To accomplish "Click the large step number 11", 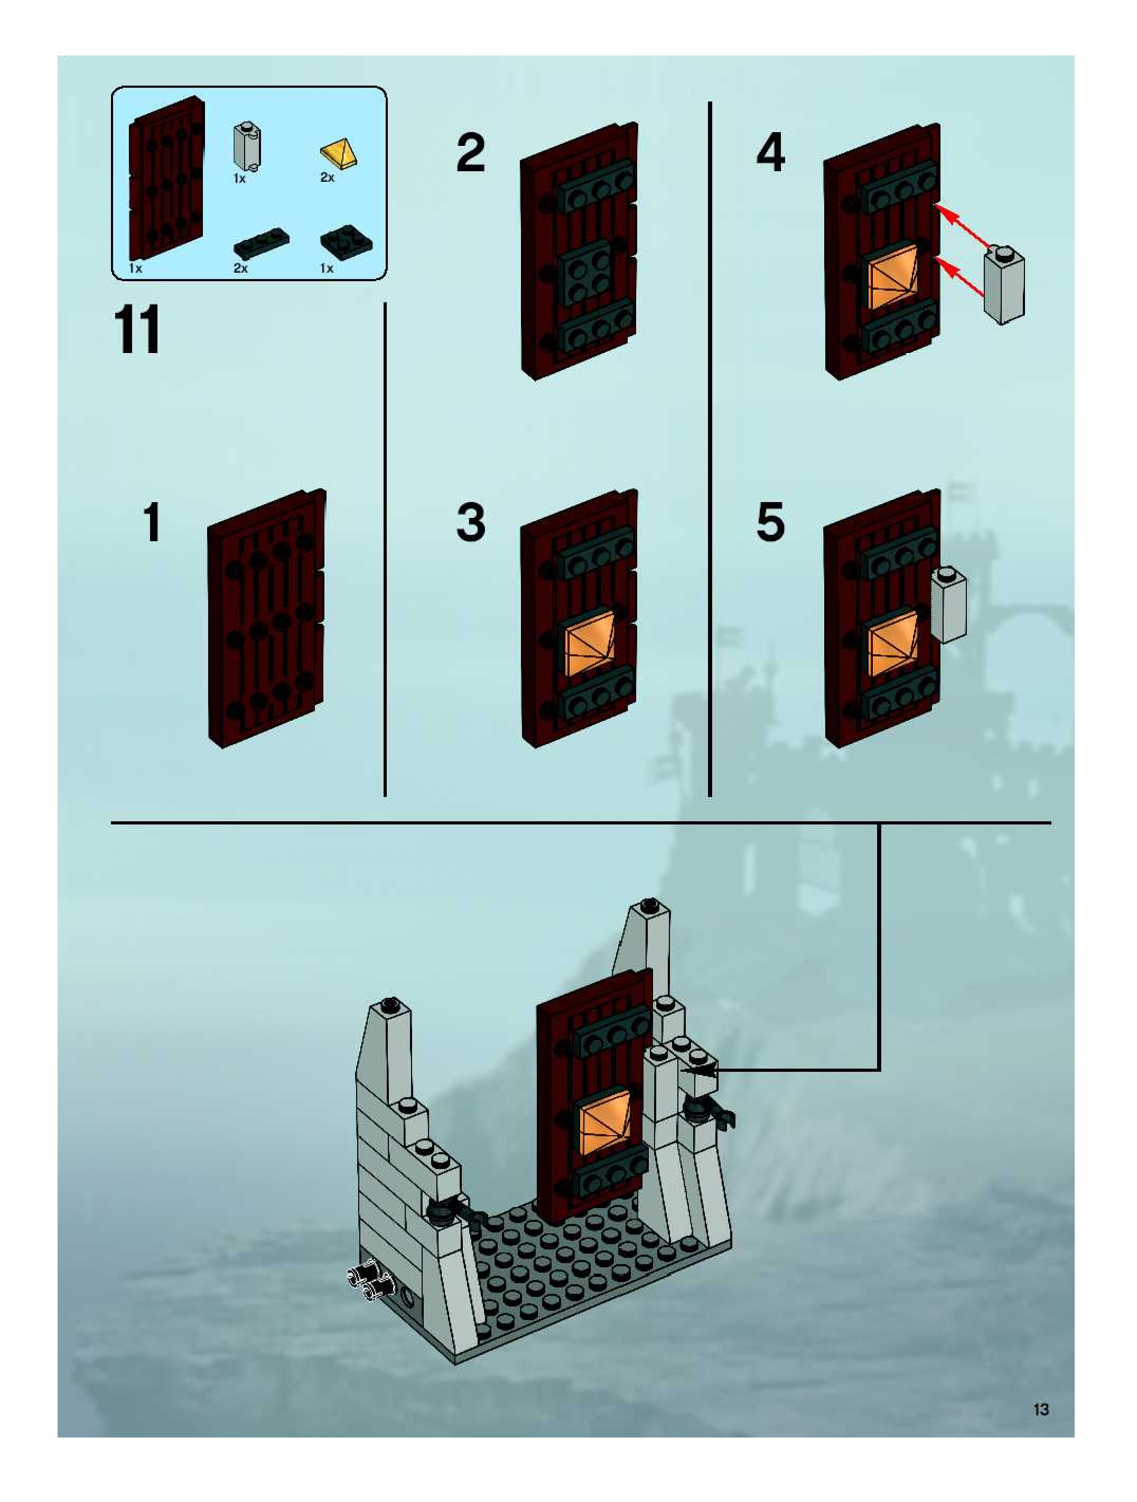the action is tap(138, 329).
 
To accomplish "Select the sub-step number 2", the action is tap(471, 153).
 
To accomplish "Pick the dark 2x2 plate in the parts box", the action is tap(347, 243).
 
